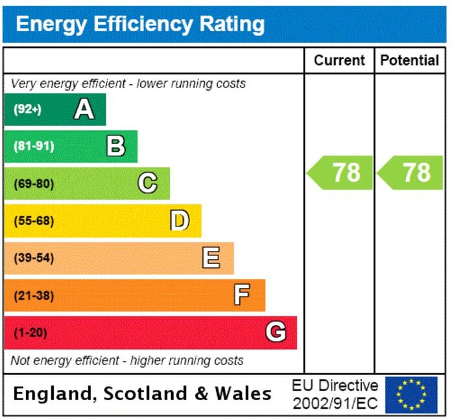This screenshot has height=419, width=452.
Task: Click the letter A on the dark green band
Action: (x=84, y=109)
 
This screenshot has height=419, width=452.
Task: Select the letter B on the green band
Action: (x=116, y=146)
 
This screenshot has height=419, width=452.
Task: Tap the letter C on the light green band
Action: (x=148, y=182)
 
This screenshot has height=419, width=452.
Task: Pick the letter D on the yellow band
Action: (x=180, y=220)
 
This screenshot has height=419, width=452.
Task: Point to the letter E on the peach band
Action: (x=211, y=257)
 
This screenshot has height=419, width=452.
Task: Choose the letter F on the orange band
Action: (x=242, y=294)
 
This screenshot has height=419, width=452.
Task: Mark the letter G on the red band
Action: (x=276, y=331)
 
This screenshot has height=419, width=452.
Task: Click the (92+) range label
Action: (x=28, y=110)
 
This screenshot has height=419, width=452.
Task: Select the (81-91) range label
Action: (x=34, y=146)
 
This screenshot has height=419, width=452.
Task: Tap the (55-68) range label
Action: (x=34, y=221)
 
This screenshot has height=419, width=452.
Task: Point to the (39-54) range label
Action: (x=34, y=257)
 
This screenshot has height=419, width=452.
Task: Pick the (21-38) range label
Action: (x=34, y=296)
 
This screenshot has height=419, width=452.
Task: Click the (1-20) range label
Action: (x=30, y=333)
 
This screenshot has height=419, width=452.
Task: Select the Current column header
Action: (x=339, y=60)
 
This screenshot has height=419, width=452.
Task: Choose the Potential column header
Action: (x=410, y=60)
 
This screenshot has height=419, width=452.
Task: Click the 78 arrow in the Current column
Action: (x=340, y=173)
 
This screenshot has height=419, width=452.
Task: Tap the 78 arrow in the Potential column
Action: (x=410, y=173)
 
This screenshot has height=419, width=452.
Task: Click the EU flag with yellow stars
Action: (x=411, y=394)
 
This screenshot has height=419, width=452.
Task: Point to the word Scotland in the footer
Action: (x=145, y=393)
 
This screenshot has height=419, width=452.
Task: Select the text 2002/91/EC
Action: (x=335, y=403)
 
